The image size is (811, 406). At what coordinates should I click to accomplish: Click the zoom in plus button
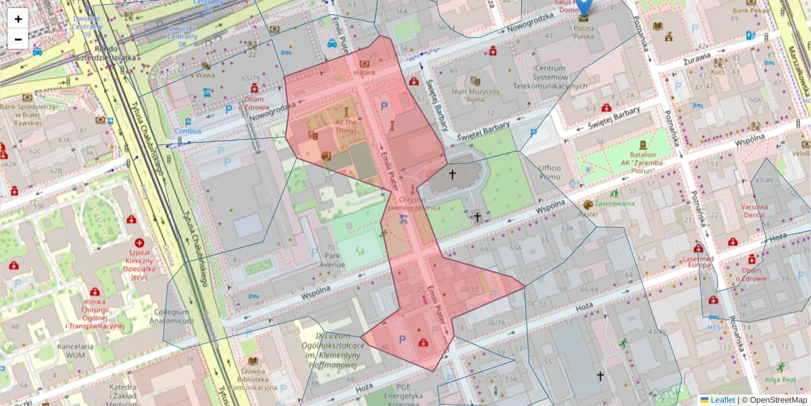click(x=18, y=19)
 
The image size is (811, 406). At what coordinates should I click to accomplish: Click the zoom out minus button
click(x=18, y=39)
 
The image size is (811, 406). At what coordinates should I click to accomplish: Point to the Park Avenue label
click(x=333, y=261)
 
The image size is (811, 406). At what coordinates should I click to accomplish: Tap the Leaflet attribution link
click(x=722, y=400)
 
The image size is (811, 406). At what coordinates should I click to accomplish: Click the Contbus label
click(x=187, y=131)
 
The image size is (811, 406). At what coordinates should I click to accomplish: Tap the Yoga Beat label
click(x=780, y=380)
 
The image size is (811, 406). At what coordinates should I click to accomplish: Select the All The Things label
click(x=345, y=126)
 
